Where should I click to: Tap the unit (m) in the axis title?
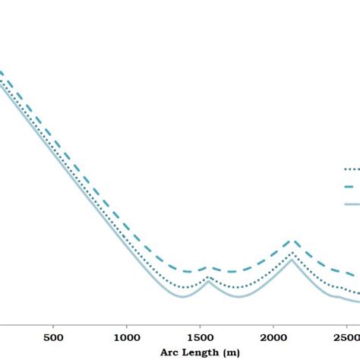coord(232,352)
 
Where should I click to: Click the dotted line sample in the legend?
coord(352,170)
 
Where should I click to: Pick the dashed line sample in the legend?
coord(352,187)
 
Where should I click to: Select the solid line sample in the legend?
coord(352,204)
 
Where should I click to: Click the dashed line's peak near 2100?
coord(292,241)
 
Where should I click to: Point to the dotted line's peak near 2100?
coord(292,252)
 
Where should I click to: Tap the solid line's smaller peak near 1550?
coord(210,281)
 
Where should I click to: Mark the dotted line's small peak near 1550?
coord(210,278)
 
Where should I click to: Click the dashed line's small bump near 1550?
coord(210,267)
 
